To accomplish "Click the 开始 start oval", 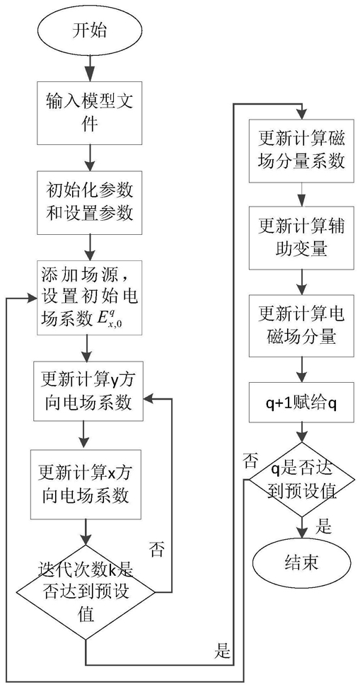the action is [x=90, y=33].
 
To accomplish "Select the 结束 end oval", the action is [x=302, y=562].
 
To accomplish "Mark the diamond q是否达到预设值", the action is [x=302, y=479].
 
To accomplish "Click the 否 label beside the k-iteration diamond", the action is [x=157, y=548].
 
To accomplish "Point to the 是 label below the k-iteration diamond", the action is [x=223, y=652].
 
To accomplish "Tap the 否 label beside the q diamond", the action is [x=252, y=461].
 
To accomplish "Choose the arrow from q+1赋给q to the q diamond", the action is [x=302, y=432].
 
